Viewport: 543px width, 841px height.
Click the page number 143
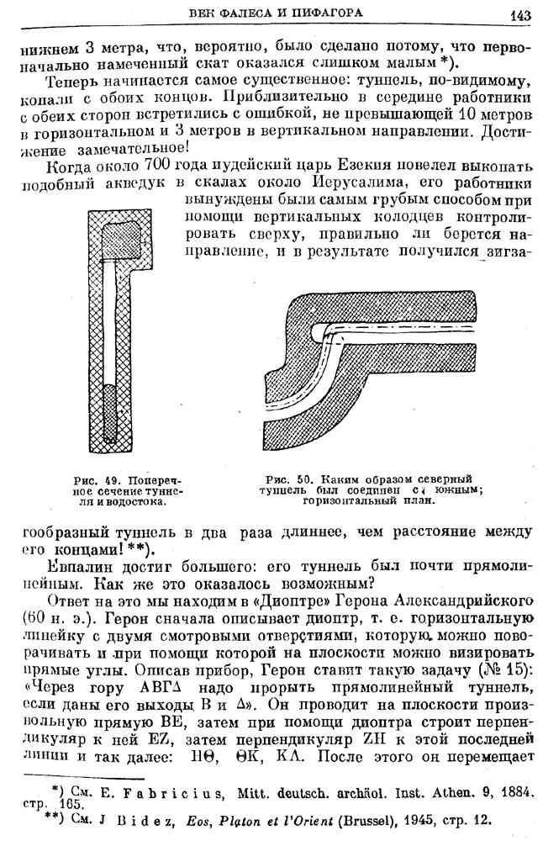pyautogui.click(x=520, y=15)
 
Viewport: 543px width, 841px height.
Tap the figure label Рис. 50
pyautogui.click(x=288, y=479)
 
